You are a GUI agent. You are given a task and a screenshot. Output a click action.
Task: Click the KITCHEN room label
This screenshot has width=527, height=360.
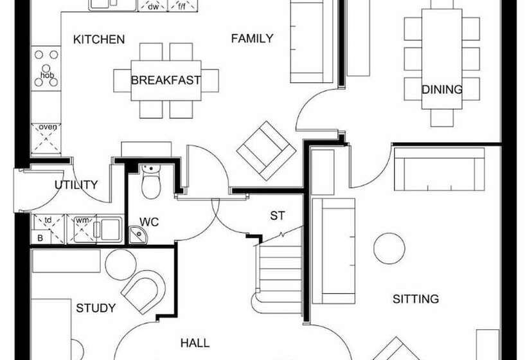coord(99,40)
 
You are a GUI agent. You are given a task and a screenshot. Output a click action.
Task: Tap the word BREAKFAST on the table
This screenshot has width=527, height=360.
coord(166,81)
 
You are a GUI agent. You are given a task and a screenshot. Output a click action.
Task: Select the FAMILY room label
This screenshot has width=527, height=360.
coord(252,39)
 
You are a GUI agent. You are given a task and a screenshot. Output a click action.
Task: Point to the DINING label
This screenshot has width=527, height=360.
coord(442,89)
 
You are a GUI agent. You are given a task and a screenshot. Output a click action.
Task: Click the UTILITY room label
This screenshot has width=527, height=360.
coord(76,185)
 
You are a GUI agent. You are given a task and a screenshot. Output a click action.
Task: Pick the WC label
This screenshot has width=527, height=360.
coord(149,222)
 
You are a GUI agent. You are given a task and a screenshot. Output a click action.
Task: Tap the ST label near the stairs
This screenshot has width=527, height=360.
coord(277,216)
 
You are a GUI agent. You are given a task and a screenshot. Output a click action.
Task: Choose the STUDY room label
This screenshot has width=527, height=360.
coord(96,308)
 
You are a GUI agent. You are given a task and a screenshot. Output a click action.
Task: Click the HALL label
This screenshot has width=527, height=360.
coord(195,343)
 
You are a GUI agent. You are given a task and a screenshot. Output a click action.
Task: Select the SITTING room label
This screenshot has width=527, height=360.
coord(416,299)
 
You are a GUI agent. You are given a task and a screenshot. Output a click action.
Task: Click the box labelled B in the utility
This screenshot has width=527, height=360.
coord(40,238)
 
